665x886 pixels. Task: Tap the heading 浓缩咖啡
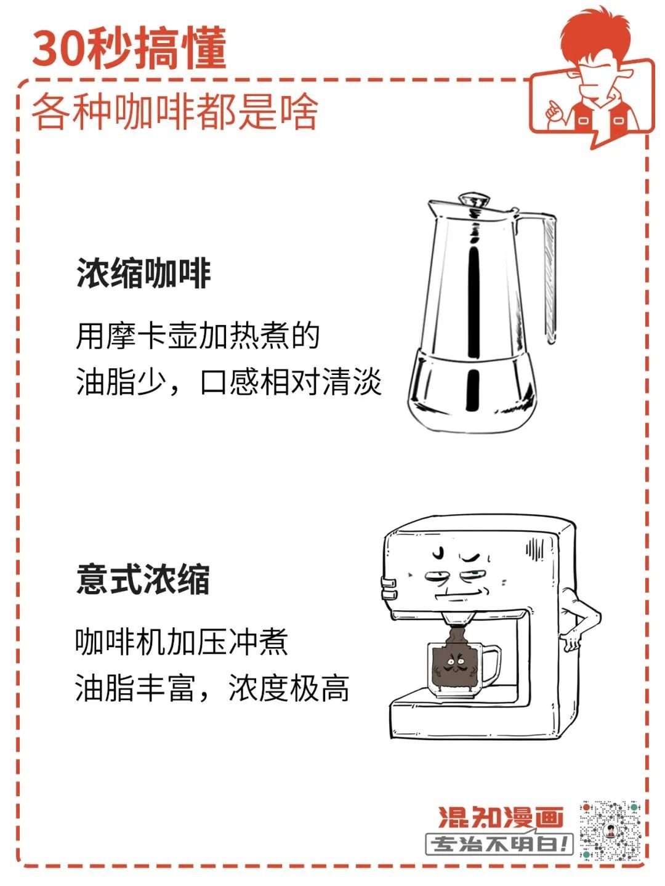[x=143, y=273]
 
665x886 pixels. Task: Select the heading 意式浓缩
[x=143, y=580]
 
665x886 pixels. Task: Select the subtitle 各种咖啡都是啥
[x=175, y=111]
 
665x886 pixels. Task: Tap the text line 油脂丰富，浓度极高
[x=212, y=688]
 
